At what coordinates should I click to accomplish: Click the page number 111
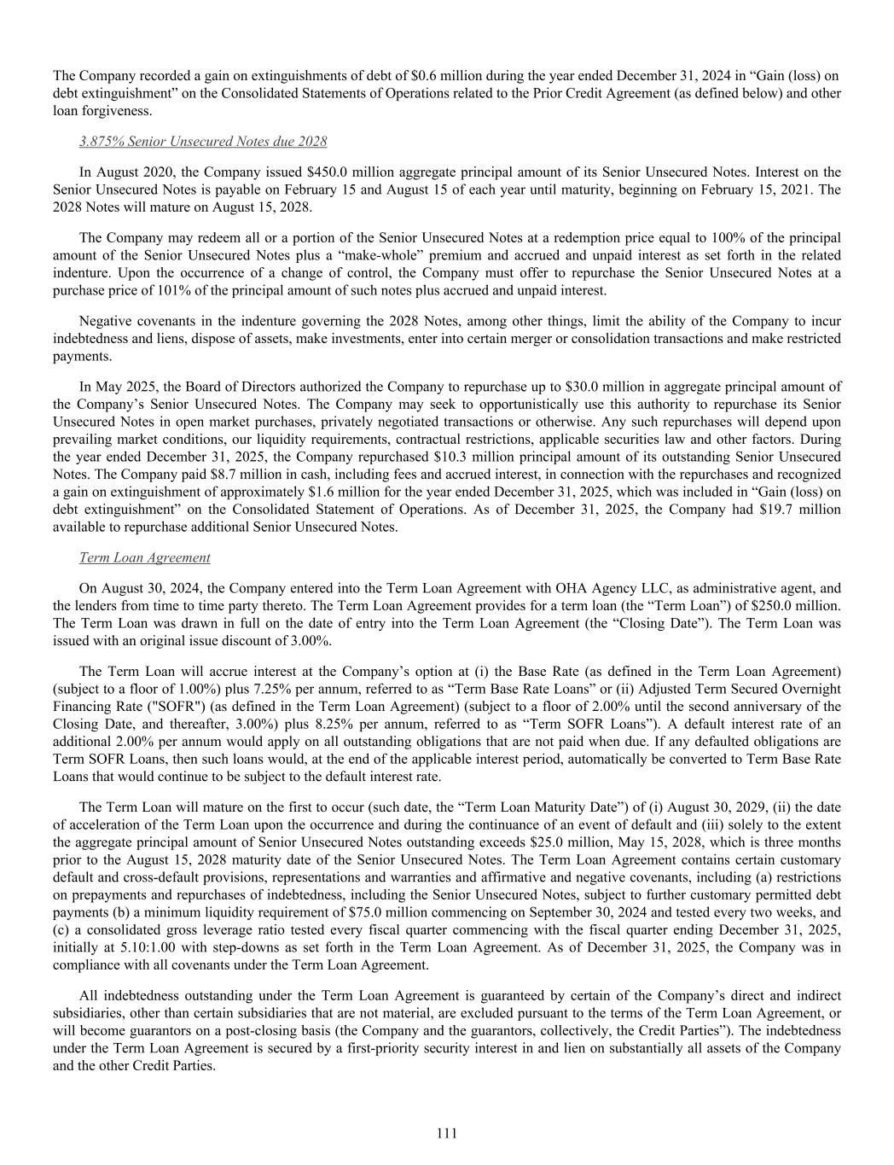[x=446, y=1133]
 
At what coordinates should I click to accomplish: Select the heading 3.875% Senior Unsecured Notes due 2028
[x=203, y=141]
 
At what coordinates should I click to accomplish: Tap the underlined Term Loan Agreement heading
[x=144, y=557]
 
